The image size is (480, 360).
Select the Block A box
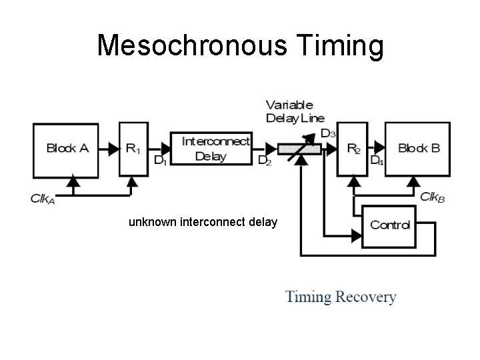67,149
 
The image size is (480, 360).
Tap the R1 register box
133,149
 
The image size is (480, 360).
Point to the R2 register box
352,149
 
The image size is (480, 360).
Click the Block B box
419,149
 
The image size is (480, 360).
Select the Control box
389,225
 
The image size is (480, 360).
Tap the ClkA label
43,198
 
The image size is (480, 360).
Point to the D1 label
160,161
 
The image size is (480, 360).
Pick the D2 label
264,161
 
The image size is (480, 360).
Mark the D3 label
328,133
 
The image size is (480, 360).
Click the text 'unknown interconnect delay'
203,221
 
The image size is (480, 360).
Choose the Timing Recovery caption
341,297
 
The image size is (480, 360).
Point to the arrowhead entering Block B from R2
379,149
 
